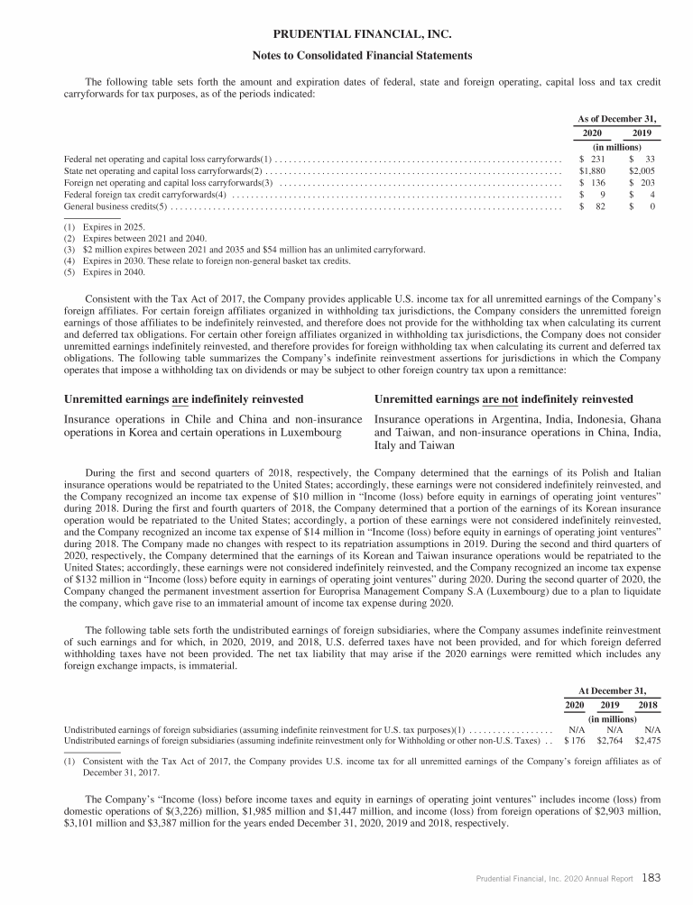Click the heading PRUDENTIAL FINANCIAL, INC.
pos(347,36)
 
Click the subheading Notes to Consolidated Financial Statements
pos(347,56)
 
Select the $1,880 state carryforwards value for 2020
pos(591,169)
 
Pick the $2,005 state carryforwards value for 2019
pos(642,169)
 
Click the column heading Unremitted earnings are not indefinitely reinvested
pos(504,399)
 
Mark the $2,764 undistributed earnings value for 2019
pos(609,735)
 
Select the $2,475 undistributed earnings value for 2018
pos(647,735)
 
